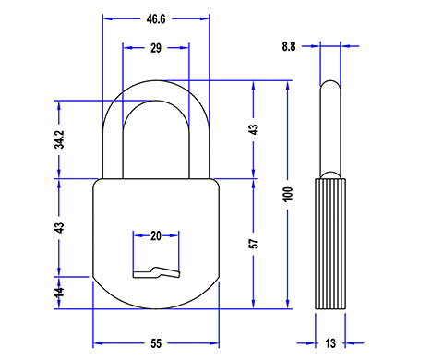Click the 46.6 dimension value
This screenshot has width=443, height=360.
[156, 19]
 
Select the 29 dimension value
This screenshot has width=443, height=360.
[156, 48]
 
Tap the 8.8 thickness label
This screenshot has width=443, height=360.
[289, 46]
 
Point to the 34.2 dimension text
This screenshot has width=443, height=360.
[59, 139]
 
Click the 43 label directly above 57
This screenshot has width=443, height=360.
[255, 129]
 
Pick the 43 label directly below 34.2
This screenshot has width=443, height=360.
[59, 228]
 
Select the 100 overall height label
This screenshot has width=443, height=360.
[288, 194]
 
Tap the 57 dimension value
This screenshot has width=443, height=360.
[255, 244]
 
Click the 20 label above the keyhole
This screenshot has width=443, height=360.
[156, 236]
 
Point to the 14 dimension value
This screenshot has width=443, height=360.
[59, 292]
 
